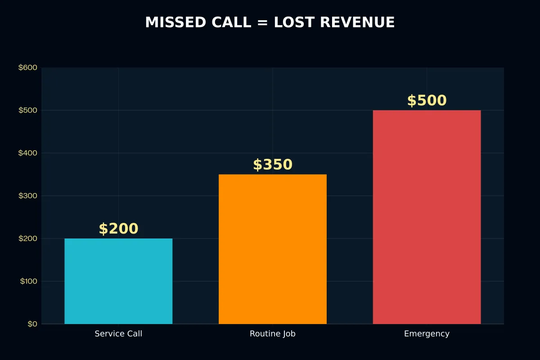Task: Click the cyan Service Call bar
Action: [x=118, y=281]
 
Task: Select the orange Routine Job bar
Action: [x=273, y=249]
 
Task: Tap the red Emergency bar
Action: [x=427, y=217]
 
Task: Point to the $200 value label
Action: [x=118, y=229]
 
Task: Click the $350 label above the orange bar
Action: [x=273, y=165]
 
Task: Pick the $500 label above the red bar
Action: [x=427, y=100]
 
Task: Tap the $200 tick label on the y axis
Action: [x=28, y=238]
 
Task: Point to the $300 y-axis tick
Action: [x=28, y=196]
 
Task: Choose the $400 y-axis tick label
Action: [x=28, y=153]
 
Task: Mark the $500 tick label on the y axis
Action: [x=28, y=110]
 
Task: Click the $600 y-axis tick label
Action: [x=28, y=67]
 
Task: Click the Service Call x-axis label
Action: [x=118, y=334]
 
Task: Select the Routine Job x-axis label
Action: [x=273, y=334]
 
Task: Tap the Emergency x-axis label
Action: [x=427, y=334]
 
